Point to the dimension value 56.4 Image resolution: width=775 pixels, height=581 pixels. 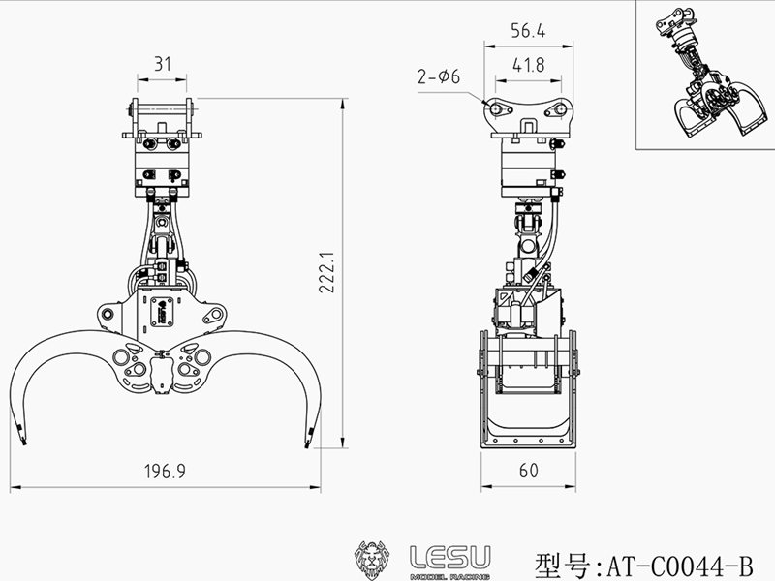528,32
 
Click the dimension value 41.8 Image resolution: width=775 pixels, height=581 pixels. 528,65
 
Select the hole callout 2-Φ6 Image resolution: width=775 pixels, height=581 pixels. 439,76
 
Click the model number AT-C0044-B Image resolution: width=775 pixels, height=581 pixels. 677,563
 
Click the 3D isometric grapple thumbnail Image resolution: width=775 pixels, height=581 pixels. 704,75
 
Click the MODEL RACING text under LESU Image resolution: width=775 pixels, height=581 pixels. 450,574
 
